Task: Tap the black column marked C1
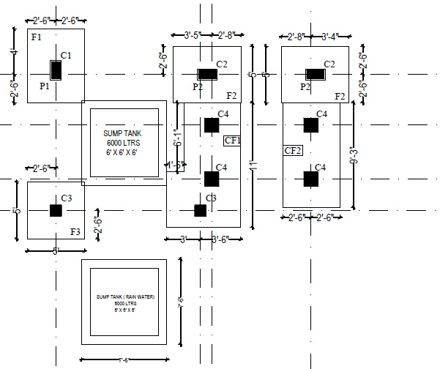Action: coord(56,70)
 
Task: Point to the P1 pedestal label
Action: coord(44,86)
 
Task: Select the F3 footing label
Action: coord(75,231)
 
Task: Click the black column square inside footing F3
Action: coord(56,210)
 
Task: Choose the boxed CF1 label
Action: coord(232,140)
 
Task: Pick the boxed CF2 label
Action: coord(293,151)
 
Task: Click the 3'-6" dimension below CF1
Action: coord(223,240)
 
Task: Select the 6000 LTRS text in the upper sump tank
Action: coord(123,143)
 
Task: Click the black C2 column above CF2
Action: coord(316,74)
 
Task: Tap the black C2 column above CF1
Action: coord(207,74)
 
